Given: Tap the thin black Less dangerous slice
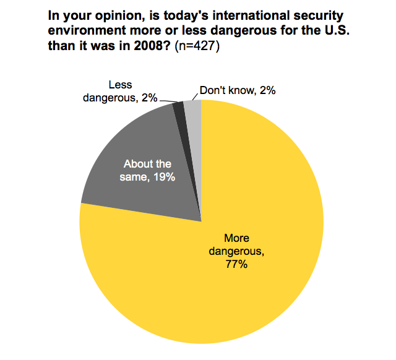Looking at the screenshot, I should tap(179, 109).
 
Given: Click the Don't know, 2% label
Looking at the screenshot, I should tap(238, 90).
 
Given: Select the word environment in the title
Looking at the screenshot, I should tap(82, 32).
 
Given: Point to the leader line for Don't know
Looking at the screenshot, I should tap(194, 95).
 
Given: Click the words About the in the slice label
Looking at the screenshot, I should tap(147, 164).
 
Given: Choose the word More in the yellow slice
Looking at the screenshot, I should tap(237, 239).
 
